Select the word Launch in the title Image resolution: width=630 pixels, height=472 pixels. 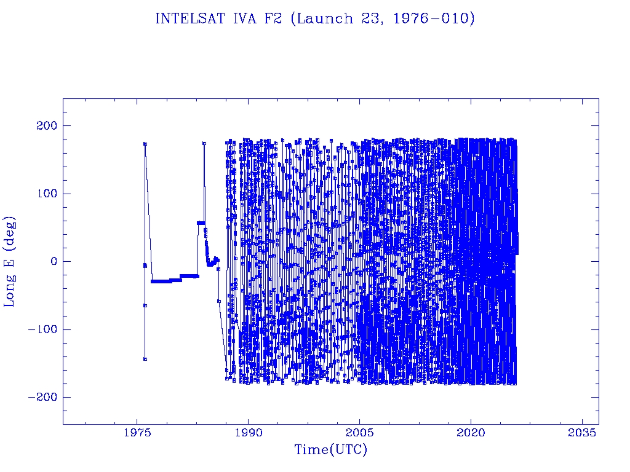[317, 19]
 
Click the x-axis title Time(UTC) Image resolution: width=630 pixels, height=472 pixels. [330, 450]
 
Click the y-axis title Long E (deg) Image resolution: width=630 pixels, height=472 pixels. [10, 261]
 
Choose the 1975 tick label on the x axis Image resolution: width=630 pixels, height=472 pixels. [137, 433]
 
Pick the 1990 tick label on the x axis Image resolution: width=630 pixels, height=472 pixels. [249, 433]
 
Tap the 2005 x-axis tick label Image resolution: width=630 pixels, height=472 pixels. [360, 433]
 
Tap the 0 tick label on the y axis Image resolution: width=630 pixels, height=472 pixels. [53, 261]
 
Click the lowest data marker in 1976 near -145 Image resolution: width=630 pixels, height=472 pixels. [145, 359]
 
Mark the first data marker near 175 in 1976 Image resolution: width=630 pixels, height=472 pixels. [145, 144]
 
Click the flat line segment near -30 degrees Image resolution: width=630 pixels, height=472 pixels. [161, 281]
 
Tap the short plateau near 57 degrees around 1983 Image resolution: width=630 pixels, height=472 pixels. [201, 222]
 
